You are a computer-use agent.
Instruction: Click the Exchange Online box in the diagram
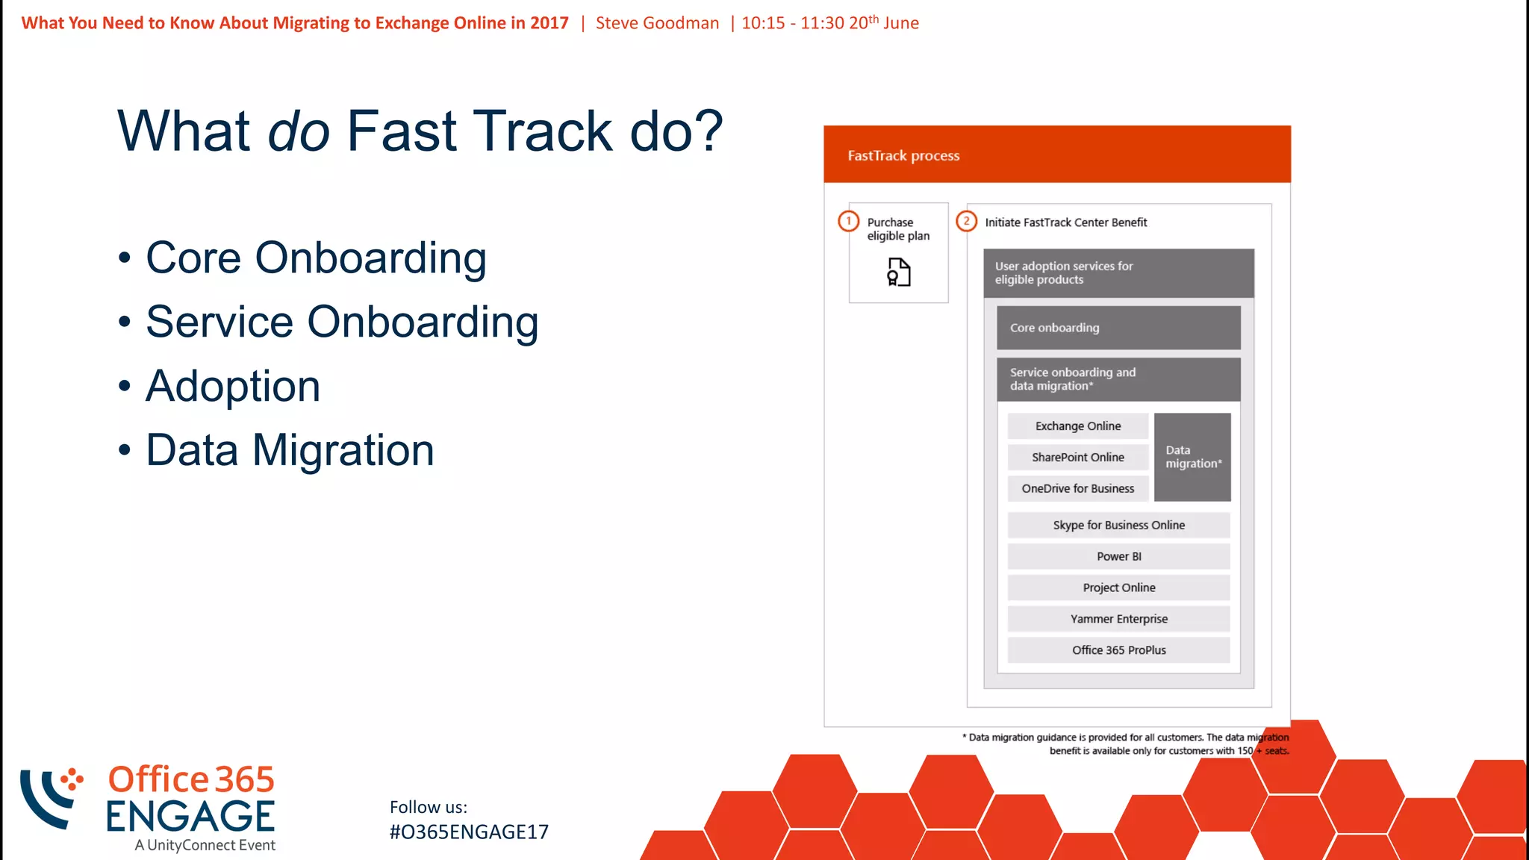(1077, 426)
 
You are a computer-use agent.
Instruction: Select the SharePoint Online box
(1077, 458)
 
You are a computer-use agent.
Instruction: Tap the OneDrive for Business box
(1077, 489)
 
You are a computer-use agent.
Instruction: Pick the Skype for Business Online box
(1118, 526)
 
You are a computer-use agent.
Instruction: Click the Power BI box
(1118, 557)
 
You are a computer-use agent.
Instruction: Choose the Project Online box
(1118, 588)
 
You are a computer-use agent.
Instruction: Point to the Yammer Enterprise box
(1118, 620)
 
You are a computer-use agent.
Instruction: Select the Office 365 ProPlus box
(1118, 650)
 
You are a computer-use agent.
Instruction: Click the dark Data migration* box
(1192, 457)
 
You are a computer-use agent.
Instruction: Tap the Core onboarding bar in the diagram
(1118, 328)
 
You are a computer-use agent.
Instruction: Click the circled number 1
(848, 221)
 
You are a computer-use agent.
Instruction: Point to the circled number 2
(966, 221)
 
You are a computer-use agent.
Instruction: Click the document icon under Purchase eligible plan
(899, 272)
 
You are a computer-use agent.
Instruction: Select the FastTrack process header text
(903, 156)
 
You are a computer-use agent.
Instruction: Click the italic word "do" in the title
(299, 131)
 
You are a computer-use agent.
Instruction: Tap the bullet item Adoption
(233, 387)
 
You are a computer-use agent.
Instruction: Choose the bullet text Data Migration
(290, 451)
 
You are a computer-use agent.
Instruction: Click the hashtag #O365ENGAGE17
(469, 832)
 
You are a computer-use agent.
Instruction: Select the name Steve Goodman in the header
(657, 23)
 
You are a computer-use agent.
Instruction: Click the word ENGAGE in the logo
(190, 817)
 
